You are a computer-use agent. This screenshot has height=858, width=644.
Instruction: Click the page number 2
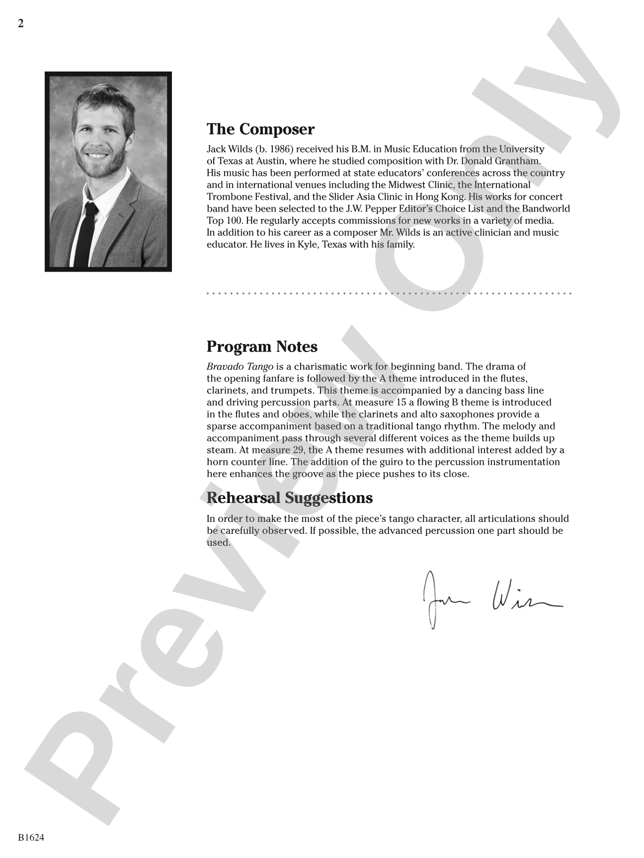(21, 23)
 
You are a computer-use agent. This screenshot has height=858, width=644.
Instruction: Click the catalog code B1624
(31, 838)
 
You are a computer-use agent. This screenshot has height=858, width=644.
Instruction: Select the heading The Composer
(260, 129)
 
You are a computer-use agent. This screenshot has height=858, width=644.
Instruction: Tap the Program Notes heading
(262, 347)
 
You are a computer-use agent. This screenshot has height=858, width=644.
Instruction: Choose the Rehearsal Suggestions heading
(289, 498)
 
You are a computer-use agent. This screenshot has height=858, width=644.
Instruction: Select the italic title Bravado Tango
(240, 367)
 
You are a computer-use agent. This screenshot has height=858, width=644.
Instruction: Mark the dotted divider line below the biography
(389, 293)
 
